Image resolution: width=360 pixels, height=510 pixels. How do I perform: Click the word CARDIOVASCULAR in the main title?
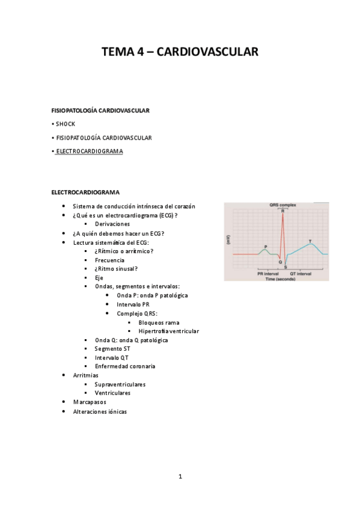point(207,52)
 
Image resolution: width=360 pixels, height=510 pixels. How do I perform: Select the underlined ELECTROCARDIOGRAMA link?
point(89,152)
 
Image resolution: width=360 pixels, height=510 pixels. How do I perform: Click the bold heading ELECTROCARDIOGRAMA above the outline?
point(85,192)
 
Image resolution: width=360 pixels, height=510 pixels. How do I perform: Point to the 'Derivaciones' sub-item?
point(112,224)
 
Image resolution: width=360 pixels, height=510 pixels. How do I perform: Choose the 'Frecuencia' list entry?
point(110,260)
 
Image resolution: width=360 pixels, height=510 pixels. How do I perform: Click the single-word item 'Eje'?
point(99,278)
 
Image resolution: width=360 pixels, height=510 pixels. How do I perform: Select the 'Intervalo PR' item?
point(133,304)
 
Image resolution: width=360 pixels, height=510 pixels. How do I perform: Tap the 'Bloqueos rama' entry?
point(159,322)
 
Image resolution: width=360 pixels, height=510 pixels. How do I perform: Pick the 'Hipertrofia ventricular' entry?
point(168,331)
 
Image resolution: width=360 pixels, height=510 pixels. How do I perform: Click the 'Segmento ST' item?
point(112,348)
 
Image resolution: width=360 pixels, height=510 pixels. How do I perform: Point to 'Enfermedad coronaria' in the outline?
point(125,366)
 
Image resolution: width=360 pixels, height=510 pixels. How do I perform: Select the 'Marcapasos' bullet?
point(89,401)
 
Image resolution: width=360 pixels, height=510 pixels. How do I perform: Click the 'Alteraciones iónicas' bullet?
point(100,411)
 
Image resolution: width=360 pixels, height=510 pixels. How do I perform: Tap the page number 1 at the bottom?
point(180,476)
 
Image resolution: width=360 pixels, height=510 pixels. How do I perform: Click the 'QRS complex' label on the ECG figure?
point(283,205)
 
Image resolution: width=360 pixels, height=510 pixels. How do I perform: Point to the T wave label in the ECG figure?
point(310,241)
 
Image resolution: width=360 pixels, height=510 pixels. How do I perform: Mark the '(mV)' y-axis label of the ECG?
point(227,239)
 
